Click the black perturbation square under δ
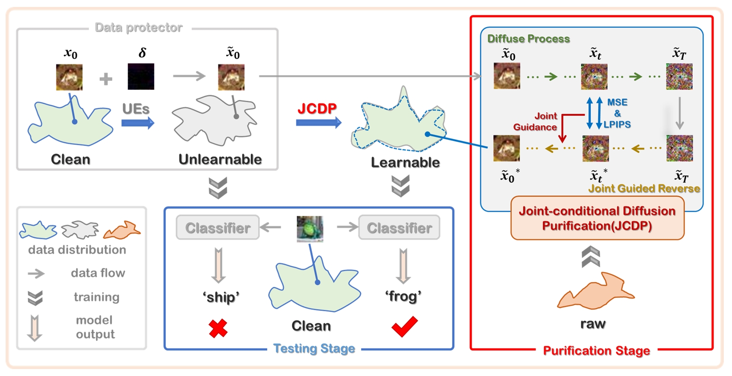[x=141, y=76]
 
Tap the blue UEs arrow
[x=137, y=123]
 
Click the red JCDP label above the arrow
[x=317, y=108]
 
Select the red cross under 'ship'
[x=218, y=328]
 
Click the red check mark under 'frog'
[x=404, y=327]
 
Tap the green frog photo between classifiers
[x=310, y=229]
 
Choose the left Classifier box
[x=218, y=228]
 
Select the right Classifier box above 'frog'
[x=399, y=228]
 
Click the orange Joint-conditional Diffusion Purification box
[x=597, y=218]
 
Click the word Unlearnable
[x=220, y=159]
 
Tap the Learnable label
[x=405, y=163]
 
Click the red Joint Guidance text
[x=535, y=121]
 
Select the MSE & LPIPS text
[x=617, y=114]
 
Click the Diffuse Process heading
[x=529, y=39]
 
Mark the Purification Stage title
[x=596, y=351]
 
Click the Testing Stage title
[x=314, y=348]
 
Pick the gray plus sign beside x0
[x=106, y=79]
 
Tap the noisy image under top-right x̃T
[x=679, y=76]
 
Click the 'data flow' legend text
[x=98, y=273]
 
